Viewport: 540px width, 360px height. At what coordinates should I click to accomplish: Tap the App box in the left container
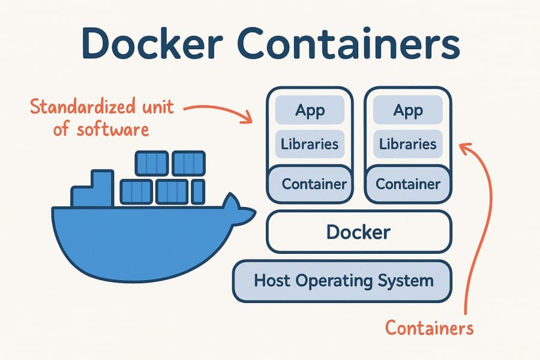coord(310,110)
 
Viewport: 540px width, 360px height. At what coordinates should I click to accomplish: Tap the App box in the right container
coord(408,110)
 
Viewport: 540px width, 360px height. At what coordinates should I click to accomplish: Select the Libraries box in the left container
coord(310,145)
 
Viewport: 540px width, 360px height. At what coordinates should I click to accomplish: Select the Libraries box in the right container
coord(408,145)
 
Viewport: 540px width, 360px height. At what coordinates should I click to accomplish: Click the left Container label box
coord(310,184)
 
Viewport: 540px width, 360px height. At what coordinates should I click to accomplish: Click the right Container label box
coord(408,184)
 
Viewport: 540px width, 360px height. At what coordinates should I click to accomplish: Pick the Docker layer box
coord(359,232)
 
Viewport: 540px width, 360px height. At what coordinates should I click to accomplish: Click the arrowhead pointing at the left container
coord(247,119)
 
